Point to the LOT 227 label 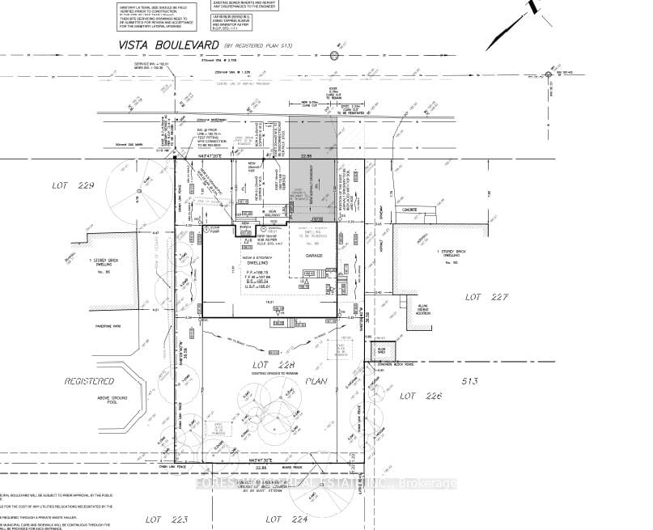tap(486, 297)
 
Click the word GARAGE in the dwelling tap(314, 256)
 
